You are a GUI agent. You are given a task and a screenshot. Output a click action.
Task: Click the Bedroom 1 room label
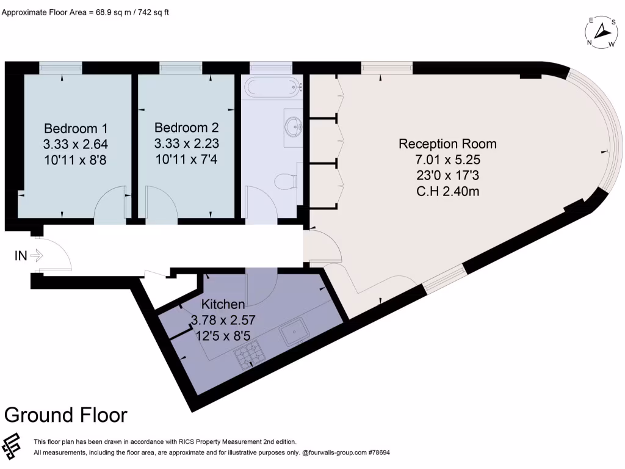point(76,129)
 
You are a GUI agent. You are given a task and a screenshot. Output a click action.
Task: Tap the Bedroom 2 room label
point(186,128)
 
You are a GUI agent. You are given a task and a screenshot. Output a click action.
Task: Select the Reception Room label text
point(447,144)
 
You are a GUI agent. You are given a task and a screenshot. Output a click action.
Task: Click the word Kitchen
point(223,304)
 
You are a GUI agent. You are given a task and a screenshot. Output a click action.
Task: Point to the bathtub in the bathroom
point(272,87)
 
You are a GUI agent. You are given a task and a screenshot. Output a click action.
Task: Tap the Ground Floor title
point(66,415)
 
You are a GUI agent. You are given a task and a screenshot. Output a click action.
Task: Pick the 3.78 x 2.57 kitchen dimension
point(223,319)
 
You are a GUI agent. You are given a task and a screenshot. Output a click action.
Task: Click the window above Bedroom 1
point(60,67)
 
